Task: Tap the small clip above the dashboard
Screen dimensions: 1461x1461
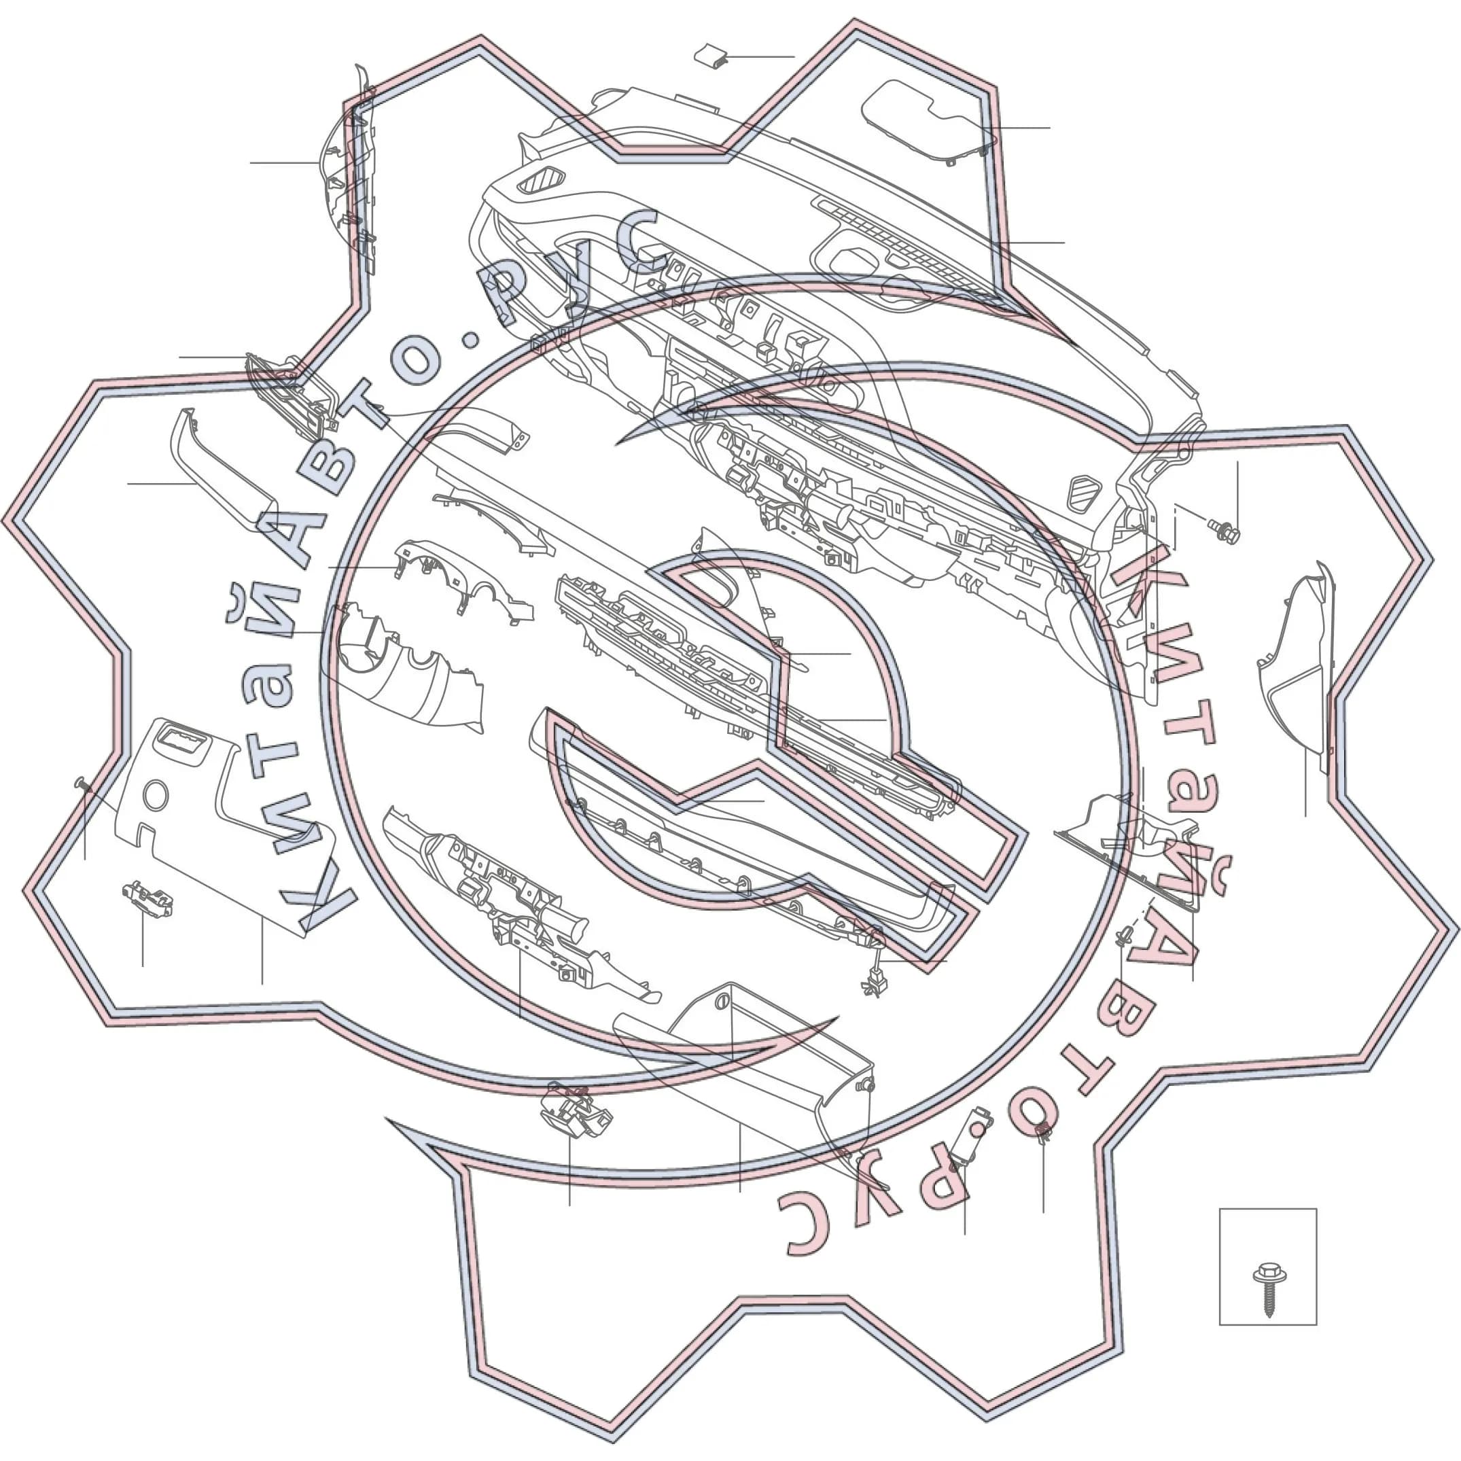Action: [x=711, y=55]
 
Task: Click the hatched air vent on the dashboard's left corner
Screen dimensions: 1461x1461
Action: [x=542, y=181]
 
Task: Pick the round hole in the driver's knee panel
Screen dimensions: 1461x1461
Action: [x=155, y=796]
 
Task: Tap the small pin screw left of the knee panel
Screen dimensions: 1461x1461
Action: [x=82, y=784]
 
